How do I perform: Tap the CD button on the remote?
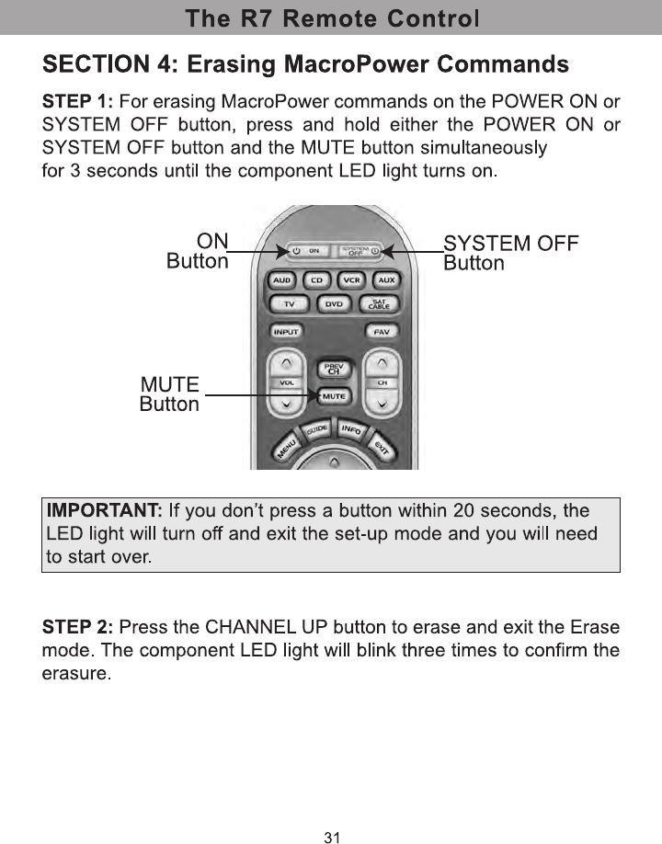[316, 279]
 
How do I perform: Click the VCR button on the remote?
[350, 279]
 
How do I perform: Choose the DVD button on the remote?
[335, 303]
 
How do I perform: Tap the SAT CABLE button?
[379, 303]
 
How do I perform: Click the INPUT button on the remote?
[288, 331]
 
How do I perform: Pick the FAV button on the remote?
[380, 331]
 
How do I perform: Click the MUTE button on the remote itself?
[333, 396]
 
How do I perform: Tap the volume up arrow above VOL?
[288, 361]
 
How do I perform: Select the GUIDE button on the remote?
[318, 432]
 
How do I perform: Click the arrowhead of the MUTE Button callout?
[315, 396]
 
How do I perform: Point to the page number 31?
[332, 837]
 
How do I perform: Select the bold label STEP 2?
[78, 628]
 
